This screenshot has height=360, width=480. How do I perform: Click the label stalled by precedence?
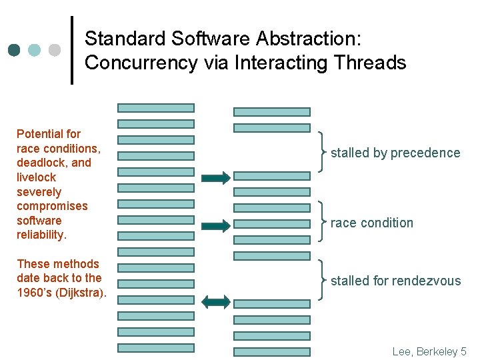tap(395, 153)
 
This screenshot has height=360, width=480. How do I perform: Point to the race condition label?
tap(372, 223)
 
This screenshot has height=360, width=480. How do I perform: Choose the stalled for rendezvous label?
tap(395, 281)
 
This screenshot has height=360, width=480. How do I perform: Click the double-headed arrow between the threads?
tap(215, 302)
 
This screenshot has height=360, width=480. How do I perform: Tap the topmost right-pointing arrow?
tap(215, 177)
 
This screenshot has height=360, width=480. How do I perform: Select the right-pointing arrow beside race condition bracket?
tap(215, 225)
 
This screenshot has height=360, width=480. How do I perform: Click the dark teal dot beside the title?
tap(15, 50)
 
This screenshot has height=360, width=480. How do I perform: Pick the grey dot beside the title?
tap(55, 50)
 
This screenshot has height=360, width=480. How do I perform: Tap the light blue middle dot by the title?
tap(35, 50)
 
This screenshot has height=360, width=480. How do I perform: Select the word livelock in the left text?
tap(36, 177)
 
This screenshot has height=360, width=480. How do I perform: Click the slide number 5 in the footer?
tap(463, 351)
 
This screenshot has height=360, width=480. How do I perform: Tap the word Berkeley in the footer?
tap(437, 351)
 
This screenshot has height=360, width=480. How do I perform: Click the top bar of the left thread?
tap(156, 107)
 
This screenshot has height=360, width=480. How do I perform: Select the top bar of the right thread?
tap(271, 112)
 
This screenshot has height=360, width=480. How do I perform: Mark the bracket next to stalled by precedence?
tap(323, 152)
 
